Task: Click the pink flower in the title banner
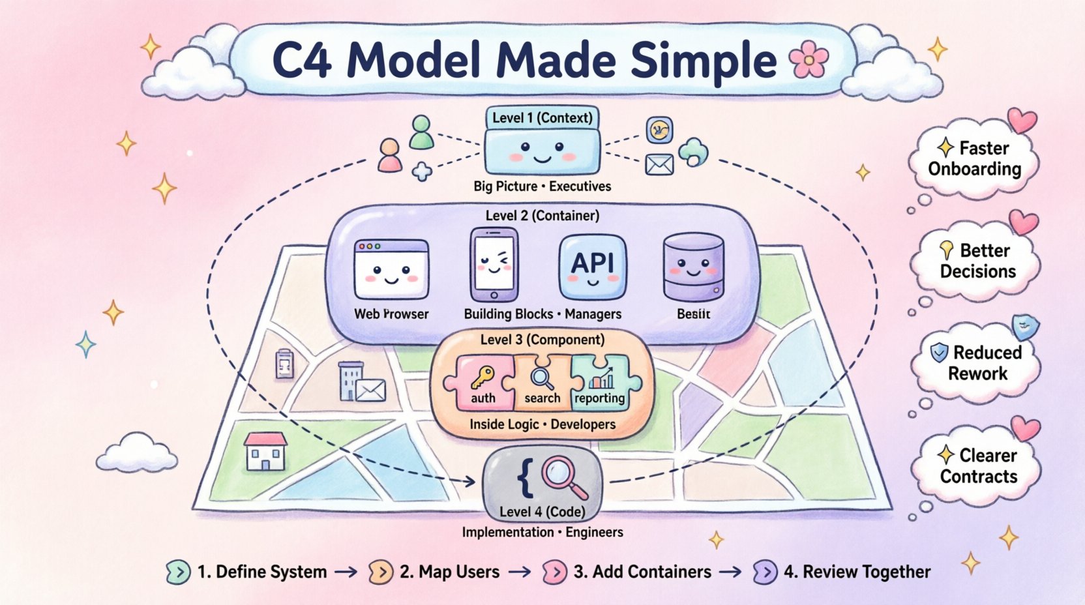point(809,61)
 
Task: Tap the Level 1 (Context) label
point(542,118)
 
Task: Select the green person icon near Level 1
point(421,132)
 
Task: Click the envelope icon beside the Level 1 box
point(659,164)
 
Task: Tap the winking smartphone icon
point(494,264)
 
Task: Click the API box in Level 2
point(593,266)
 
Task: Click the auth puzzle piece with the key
point(481,383)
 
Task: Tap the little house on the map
point(265,451)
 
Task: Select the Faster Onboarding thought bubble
point(974,158)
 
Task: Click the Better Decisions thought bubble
point(977,261)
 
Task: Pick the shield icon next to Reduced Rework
point(939,353)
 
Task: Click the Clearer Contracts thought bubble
point(978,465)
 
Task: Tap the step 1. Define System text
point(261,572)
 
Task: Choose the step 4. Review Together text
point(856,572)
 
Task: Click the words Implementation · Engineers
point(542,532)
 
